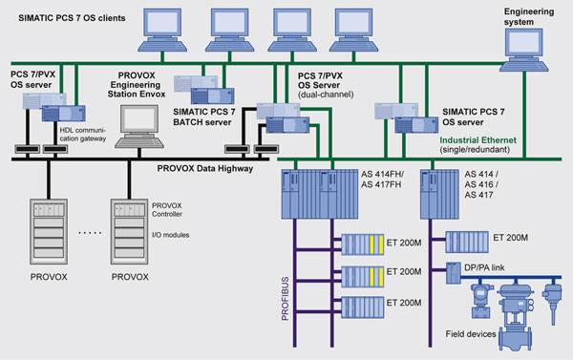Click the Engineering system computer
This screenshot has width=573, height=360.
coord(523,50)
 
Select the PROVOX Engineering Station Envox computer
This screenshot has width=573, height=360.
coord(139,126)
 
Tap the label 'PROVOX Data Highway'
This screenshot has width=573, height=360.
coord(205,168)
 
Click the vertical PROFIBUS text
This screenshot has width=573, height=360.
coord(285,299)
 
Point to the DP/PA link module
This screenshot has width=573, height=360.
coord(453,273)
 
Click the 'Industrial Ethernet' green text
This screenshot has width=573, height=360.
coord(478,140)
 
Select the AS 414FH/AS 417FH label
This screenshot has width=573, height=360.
coord(382,180)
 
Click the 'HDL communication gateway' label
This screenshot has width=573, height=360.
coord(82,134)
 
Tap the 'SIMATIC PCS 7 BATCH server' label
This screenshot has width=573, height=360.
coord(204,116)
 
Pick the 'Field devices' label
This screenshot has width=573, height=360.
coord(470,333)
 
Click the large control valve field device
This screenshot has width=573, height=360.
coord(516,316)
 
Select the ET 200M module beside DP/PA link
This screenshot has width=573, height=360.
coord(467,242)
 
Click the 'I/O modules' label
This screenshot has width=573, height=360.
coord(170,235)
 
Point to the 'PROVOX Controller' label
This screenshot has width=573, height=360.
coord(166,210)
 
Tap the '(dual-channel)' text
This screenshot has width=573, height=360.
coord(326,95)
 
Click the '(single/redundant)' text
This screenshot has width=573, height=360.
coord(475,149)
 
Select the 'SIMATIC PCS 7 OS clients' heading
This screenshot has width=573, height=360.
coord(72,18)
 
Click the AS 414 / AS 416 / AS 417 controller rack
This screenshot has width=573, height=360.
coord(439,194)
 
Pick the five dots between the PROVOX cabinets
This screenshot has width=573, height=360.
coord(91,232)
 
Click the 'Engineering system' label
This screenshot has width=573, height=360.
coord(529,16)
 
